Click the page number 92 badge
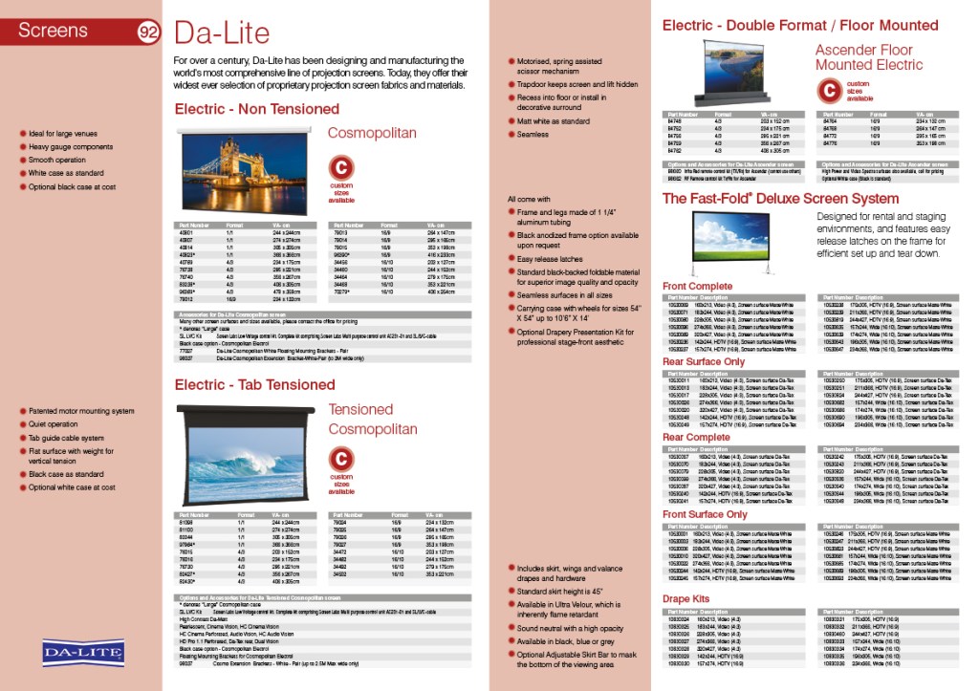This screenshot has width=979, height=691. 148,32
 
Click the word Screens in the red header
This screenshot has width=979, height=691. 54,31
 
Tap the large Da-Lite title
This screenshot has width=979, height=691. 222,34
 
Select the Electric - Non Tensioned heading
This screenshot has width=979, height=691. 256,109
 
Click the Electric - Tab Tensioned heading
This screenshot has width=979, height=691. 254,384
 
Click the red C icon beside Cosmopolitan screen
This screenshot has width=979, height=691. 341,168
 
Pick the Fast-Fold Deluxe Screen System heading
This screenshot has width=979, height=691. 780,199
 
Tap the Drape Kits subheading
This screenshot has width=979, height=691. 686,599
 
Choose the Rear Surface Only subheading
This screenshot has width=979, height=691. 704,362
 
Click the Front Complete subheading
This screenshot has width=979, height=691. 698,287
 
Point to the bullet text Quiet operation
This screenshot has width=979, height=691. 54,424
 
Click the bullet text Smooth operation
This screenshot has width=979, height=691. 57,161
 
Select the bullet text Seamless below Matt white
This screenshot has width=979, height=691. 533,135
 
